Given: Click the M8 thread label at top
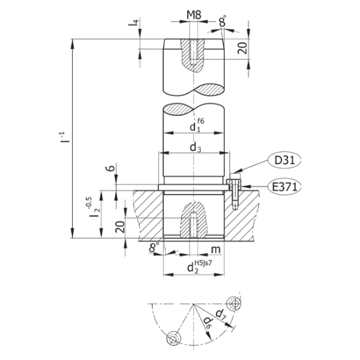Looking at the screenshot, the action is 194,15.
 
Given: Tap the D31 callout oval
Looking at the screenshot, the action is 285,160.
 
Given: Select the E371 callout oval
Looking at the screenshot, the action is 285,187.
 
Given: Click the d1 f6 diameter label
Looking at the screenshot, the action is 197,125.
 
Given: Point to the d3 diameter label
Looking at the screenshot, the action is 196,147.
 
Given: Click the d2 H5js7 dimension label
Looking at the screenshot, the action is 200,266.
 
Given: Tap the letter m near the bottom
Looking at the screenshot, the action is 215,249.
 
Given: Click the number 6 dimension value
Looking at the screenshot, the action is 111,168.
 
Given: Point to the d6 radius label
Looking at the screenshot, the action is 207,323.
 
